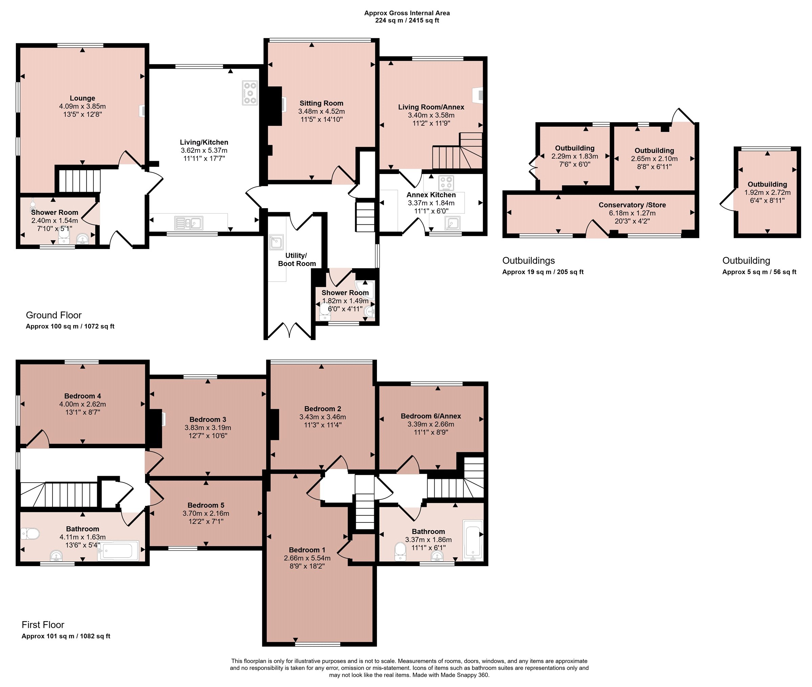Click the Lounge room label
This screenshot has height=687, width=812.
82,98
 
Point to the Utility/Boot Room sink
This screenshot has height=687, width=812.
276,242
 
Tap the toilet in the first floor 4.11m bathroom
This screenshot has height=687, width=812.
30,534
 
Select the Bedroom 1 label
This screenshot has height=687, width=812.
307,550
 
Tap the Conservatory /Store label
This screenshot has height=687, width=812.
632,205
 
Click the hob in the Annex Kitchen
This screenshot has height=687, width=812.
446,183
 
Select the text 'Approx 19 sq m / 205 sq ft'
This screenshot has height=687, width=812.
543,272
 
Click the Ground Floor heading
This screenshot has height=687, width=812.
54,315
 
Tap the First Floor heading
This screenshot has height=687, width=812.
43,625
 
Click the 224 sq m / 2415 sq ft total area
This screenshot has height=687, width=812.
407,20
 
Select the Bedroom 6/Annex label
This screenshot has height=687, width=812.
431,416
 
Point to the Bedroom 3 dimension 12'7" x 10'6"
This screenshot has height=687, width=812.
208,435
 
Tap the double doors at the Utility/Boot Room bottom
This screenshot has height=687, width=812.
290,329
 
